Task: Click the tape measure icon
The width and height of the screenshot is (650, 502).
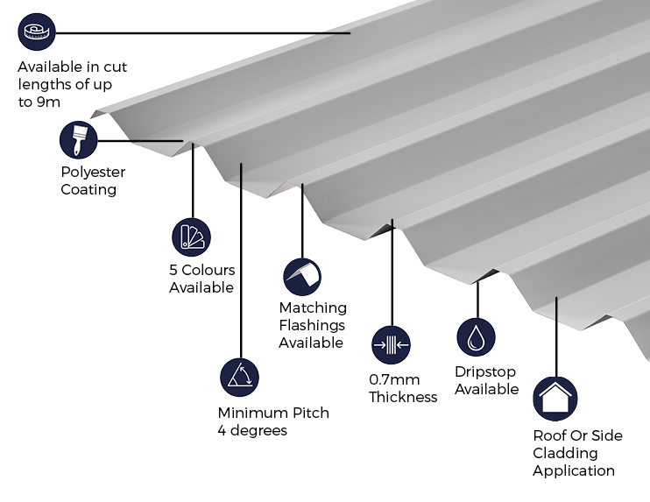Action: (x=37, y=32)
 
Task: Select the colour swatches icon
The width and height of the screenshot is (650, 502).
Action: (x=191, y=237)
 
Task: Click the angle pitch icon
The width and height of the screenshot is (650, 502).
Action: (x=239, y=378)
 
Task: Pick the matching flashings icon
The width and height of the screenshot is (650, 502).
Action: (x=301, y=277)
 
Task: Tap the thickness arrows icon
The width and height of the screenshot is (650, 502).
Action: (x=391, y=345)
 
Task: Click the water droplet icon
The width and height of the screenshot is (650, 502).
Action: (x=476, y=337)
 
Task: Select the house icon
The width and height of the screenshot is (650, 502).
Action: (x=555, y=399)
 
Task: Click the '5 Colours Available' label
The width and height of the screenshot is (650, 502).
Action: (x=201, y=279)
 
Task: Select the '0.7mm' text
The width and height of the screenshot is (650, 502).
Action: (x=394, y=379)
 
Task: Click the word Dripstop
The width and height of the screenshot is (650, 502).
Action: (x=485, y=371)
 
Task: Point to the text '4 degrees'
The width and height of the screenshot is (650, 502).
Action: (x=252, y=430)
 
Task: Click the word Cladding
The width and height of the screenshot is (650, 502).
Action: (x=565, y=453)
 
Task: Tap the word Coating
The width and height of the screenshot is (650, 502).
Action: (x=88, y=189)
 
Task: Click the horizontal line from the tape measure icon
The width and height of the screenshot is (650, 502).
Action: (x=201, y=33)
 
